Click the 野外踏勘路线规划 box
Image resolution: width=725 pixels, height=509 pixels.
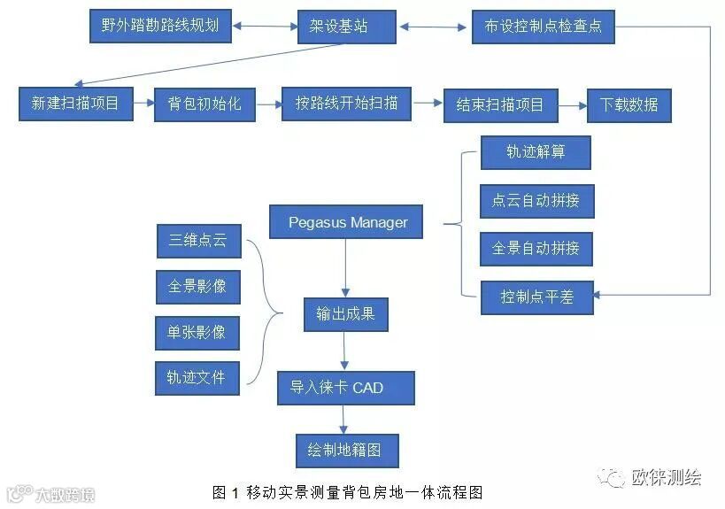coord(161,26)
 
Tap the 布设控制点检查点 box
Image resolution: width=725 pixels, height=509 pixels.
coord(543,27)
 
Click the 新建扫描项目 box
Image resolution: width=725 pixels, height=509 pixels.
coord(75,104)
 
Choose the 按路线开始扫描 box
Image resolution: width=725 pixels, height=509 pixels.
coord(347,104)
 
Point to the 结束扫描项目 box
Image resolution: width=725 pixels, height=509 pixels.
coord(500,105)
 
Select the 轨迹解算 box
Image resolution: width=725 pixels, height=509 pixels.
coord(536,152)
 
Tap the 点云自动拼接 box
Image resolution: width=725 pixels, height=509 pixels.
coord(536,200)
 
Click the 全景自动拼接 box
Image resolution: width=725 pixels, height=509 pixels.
coord(536,249)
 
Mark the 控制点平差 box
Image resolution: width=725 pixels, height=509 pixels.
coord(536,297)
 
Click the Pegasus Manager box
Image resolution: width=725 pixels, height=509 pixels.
coord(348,222)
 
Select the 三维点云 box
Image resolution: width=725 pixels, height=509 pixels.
coord(197,239)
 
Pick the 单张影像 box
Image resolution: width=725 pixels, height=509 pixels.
coord(197,332)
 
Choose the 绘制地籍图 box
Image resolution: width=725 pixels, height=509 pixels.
coord(347,450)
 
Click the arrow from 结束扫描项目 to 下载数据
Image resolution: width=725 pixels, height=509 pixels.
coord(572,104)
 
